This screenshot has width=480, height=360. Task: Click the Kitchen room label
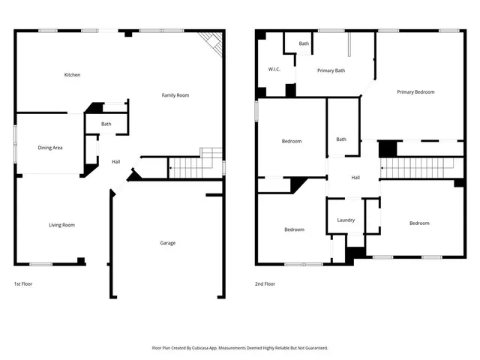72,75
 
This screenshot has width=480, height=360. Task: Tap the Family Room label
176,95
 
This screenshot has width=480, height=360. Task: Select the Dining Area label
50,148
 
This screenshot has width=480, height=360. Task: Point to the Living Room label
61,225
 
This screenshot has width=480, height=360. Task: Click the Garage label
169,243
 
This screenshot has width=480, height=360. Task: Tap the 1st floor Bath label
106,124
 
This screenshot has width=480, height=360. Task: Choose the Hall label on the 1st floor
115,162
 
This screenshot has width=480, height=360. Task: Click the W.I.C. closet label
274,70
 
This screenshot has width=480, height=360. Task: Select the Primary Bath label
331,70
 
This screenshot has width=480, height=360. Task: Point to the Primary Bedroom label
415,91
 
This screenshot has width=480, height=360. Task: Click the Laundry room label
346,220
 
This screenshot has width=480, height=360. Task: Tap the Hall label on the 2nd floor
355,178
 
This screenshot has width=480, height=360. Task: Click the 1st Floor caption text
23,284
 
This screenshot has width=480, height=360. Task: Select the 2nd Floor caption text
265,284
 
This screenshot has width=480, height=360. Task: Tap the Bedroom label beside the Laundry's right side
419,223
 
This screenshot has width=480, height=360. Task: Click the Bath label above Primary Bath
304,43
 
